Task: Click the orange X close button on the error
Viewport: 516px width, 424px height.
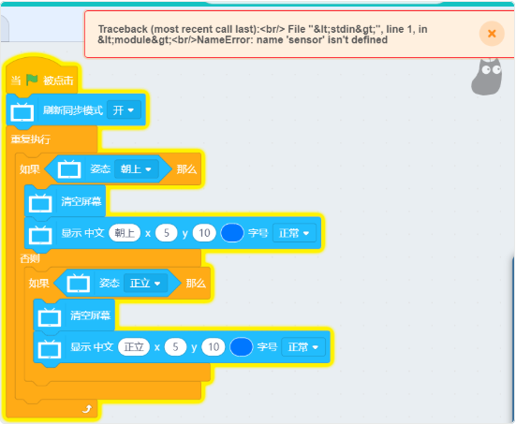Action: pos(492,34)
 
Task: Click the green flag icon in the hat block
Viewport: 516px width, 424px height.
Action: pos(32,80)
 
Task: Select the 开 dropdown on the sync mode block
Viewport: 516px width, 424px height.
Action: pos(124,110)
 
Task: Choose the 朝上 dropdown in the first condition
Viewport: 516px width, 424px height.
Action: pos(136,169)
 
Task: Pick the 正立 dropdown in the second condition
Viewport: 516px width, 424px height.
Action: pos(145,284)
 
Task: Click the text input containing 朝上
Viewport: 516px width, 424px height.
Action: pos(125,233)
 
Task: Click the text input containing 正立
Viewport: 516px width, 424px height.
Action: pos(134,346)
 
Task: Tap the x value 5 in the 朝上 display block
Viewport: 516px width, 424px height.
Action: pos(167,233)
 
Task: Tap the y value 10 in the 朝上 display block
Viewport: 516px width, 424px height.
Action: pos(204,233)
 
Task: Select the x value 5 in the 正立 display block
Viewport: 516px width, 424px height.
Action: pos(175,346)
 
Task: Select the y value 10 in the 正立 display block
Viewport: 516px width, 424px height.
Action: pos(214,346)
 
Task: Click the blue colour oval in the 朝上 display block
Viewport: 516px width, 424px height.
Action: pos(232,233)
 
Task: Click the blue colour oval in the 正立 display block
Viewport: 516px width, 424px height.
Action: pos(242,346)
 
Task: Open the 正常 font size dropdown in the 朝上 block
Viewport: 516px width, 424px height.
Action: pos(294,233)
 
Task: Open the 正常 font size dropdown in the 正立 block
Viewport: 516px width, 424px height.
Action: pos(303,347)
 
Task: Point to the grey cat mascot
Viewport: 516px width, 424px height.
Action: pos(487,78)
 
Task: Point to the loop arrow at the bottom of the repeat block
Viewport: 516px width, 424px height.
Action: pos(87,409)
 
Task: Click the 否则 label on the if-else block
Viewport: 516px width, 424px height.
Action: pos(30,258)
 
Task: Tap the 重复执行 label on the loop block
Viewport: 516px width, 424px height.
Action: pos(31,139)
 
